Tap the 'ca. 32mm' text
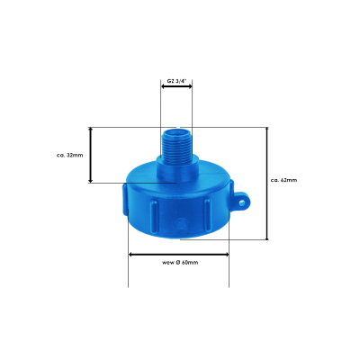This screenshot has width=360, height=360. (69, 155)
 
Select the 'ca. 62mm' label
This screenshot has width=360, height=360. (283, 180)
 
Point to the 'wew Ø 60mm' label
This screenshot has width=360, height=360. (180, 263)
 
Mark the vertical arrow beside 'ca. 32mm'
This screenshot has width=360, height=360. (90, 155)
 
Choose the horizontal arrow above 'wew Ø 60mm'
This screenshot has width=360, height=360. (178, 254)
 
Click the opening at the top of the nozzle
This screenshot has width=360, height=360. (176, 131)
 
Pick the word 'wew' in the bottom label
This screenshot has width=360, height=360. (168, 263)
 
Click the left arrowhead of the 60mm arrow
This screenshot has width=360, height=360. (131, 254)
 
